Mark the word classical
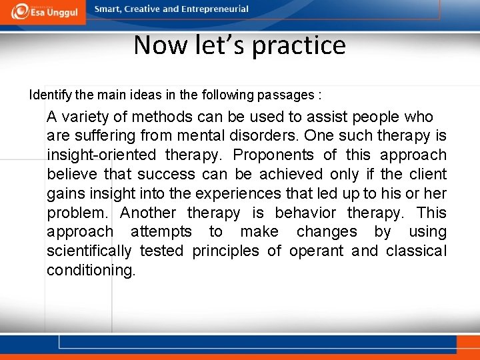(x=417, y=251)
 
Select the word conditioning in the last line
(x=91, y=271)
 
